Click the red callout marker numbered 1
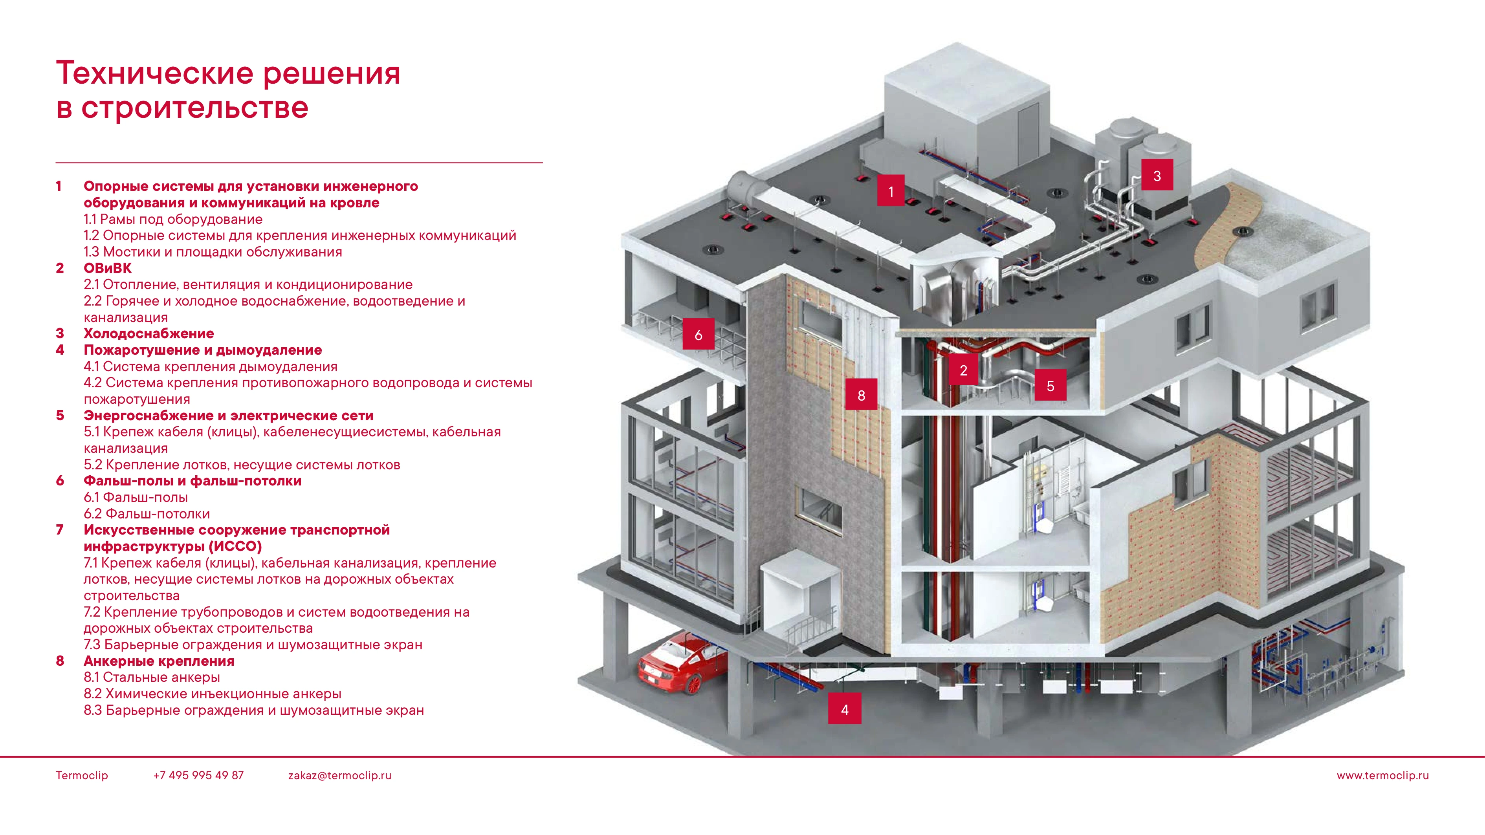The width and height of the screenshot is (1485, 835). (891, 191)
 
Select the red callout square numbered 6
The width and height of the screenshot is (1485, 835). (698, 334)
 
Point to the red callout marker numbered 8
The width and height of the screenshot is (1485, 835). (861, 395)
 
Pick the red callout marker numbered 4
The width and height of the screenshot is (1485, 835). (845, 709)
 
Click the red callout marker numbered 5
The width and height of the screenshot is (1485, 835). (1050, 386)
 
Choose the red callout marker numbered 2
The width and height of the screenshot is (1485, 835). (963, 370)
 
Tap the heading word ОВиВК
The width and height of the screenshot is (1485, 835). (107, 268)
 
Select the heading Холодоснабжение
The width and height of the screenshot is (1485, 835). (149, 333)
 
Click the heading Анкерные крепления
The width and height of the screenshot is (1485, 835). (159, 661)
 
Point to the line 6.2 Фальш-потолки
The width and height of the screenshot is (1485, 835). (147, 513)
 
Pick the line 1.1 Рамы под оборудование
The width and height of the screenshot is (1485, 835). (173, 219)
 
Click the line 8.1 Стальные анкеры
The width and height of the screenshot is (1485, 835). (152, 677)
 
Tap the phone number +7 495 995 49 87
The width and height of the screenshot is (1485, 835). (198, 775)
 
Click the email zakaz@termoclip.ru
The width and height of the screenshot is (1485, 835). (339, 775)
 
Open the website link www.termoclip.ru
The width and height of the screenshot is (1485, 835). (1382, 775)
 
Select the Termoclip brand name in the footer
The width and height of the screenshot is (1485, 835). (82, 775)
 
